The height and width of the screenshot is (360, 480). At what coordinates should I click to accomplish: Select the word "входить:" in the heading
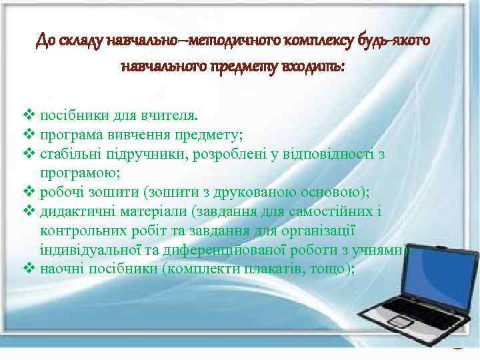click(x=317, y=67)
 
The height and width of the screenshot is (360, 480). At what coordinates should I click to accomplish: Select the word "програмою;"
click(x=81, y=173)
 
